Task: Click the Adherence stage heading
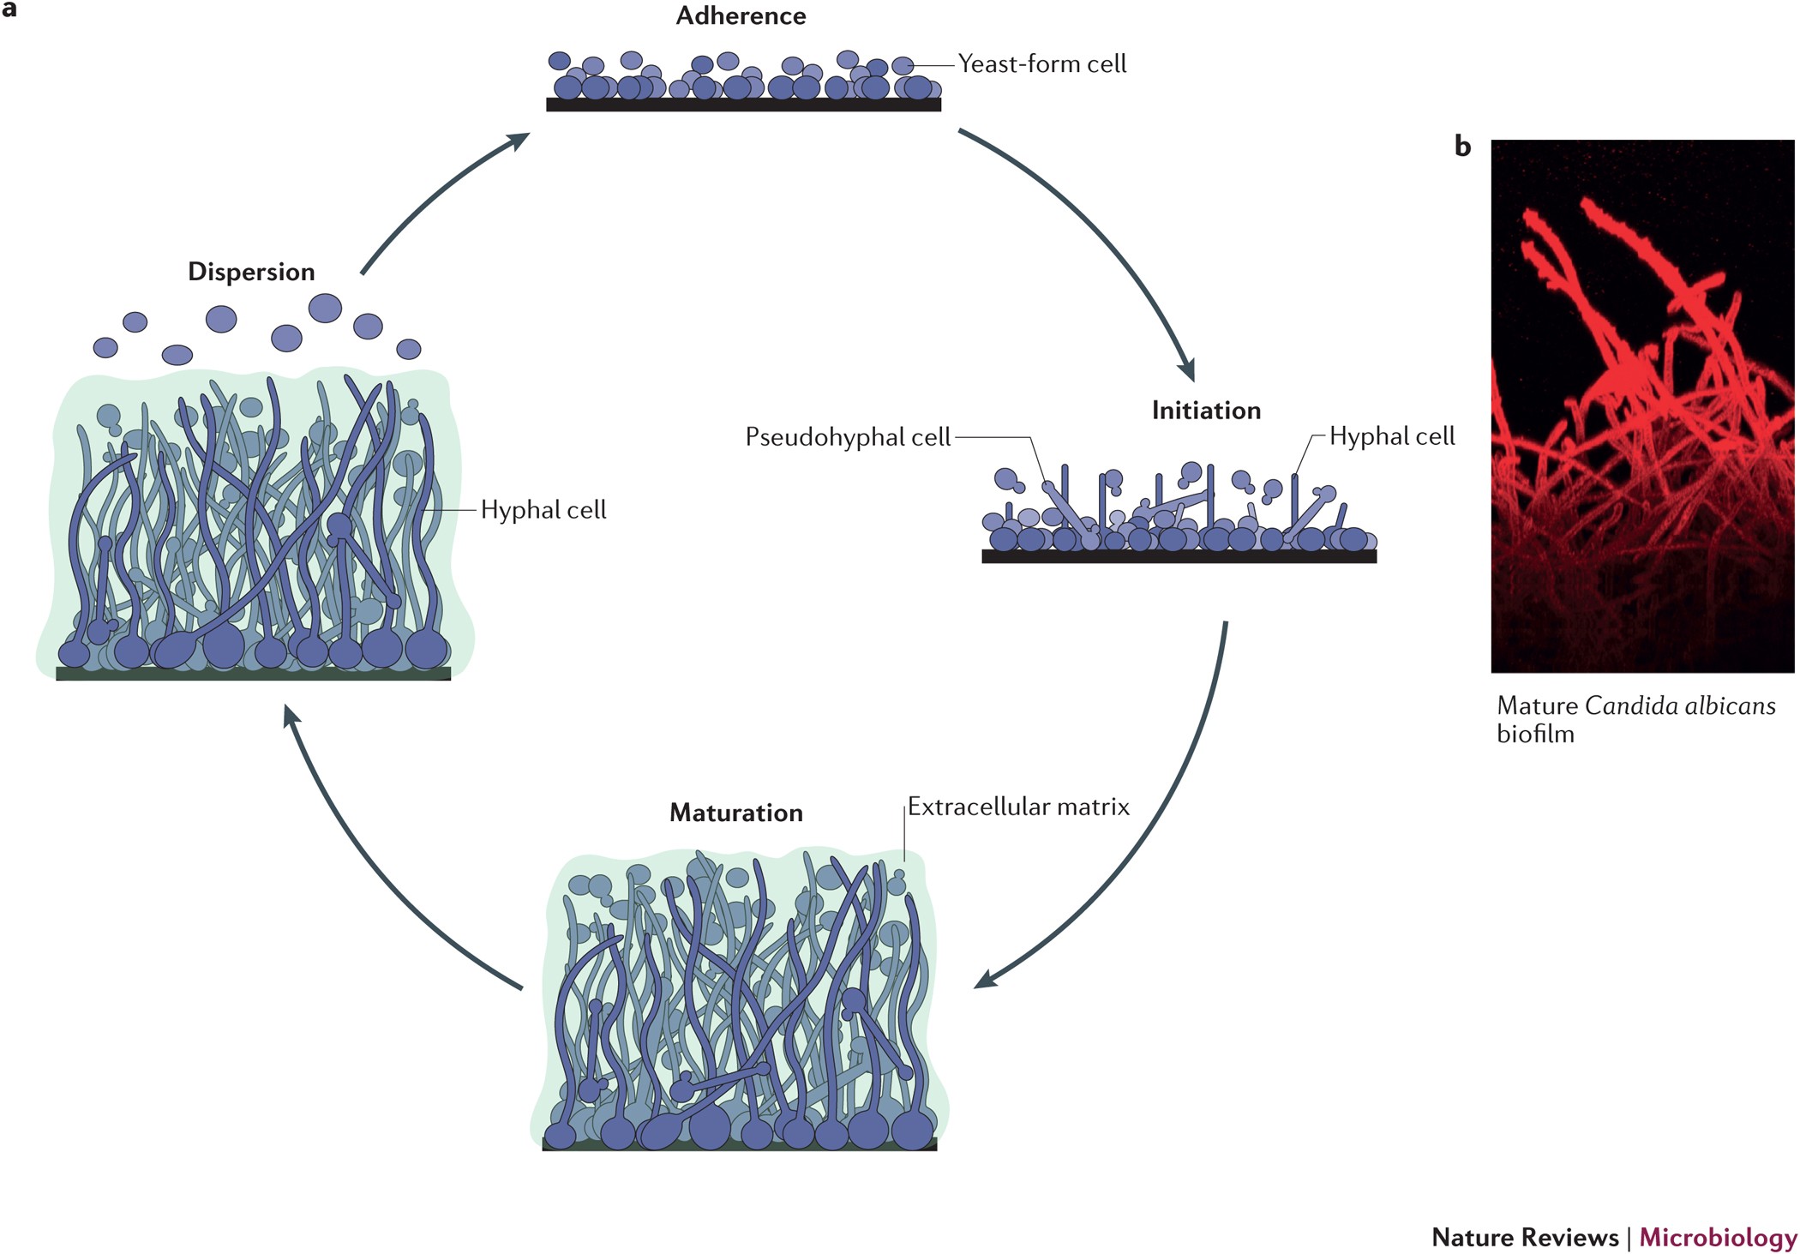point(741,16)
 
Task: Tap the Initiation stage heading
point(1205,411)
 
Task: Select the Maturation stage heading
point(735,813)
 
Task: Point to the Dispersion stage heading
point(251,272)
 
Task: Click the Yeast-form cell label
point(1041,64)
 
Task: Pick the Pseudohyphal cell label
point(848,437)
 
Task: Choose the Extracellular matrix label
point(1018,807)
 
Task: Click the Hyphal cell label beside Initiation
point(1392,436)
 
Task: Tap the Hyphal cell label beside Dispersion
point(543,510)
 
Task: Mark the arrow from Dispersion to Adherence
point(429,197)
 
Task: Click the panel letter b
point(1462,147)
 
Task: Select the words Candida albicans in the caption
point(1679,706)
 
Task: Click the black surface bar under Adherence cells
point(743,105)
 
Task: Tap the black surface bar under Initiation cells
point(1179,556)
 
